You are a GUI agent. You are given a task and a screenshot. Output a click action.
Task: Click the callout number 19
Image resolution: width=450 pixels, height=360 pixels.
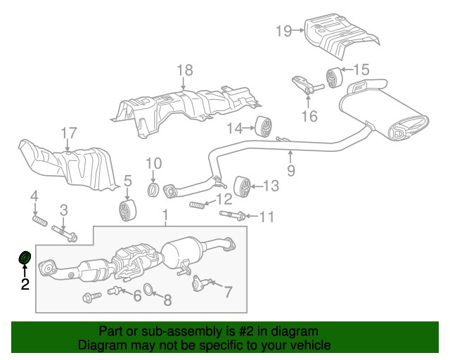pyautogui.click(x=283, y=30)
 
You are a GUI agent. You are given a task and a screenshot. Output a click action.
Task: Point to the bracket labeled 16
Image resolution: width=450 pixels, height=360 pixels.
pyautogui.click(x=304, y=86)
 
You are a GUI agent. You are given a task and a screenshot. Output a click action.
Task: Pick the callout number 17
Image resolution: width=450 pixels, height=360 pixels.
pyautogui.click(x=67, y=132)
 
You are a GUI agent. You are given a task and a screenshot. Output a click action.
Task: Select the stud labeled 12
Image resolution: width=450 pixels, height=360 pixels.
pyautogui.click(x=198, y=205)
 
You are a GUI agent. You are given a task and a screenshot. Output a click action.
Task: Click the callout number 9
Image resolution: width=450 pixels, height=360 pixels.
pyautogui.click(x=290, y=170)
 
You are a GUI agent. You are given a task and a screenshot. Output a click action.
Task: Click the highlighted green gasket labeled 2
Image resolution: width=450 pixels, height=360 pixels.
pyautogui.click(x=24, y=259)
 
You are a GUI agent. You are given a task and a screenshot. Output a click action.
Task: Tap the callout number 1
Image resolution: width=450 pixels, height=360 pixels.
pyautogui.click(x=165, y=214)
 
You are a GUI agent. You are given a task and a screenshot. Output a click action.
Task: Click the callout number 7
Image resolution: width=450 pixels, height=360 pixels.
pyautogui.click(x=228, y=289)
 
